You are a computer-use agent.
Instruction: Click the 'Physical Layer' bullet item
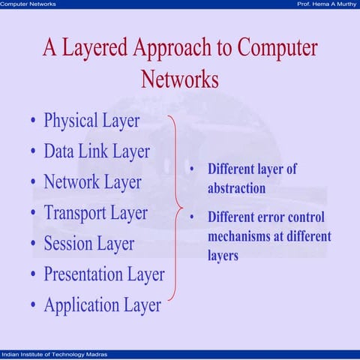91,120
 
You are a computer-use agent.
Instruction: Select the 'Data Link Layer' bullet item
97,151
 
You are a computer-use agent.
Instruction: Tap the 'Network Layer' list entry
92,181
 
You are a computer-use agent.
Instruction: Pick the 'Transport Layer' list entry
95,212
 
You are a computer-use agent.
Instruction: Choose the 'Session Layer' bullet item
88,243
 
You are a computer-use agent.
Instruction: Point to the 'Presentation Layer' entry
103,274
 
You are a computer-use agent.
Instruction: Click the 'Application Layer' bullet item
102,304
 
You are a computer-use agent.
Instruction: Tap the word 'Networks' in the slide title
179,79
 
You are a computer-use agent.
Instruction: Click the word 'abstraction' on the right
236,187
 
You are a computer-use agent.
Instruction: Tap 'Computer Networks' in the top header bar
28,4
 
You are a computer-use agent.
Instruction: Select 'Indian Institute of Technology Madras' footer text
54,353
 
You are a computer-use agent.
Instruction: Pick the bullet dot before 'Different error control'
192,218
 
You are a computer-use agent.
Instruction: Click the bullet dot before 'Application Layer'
33,306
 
